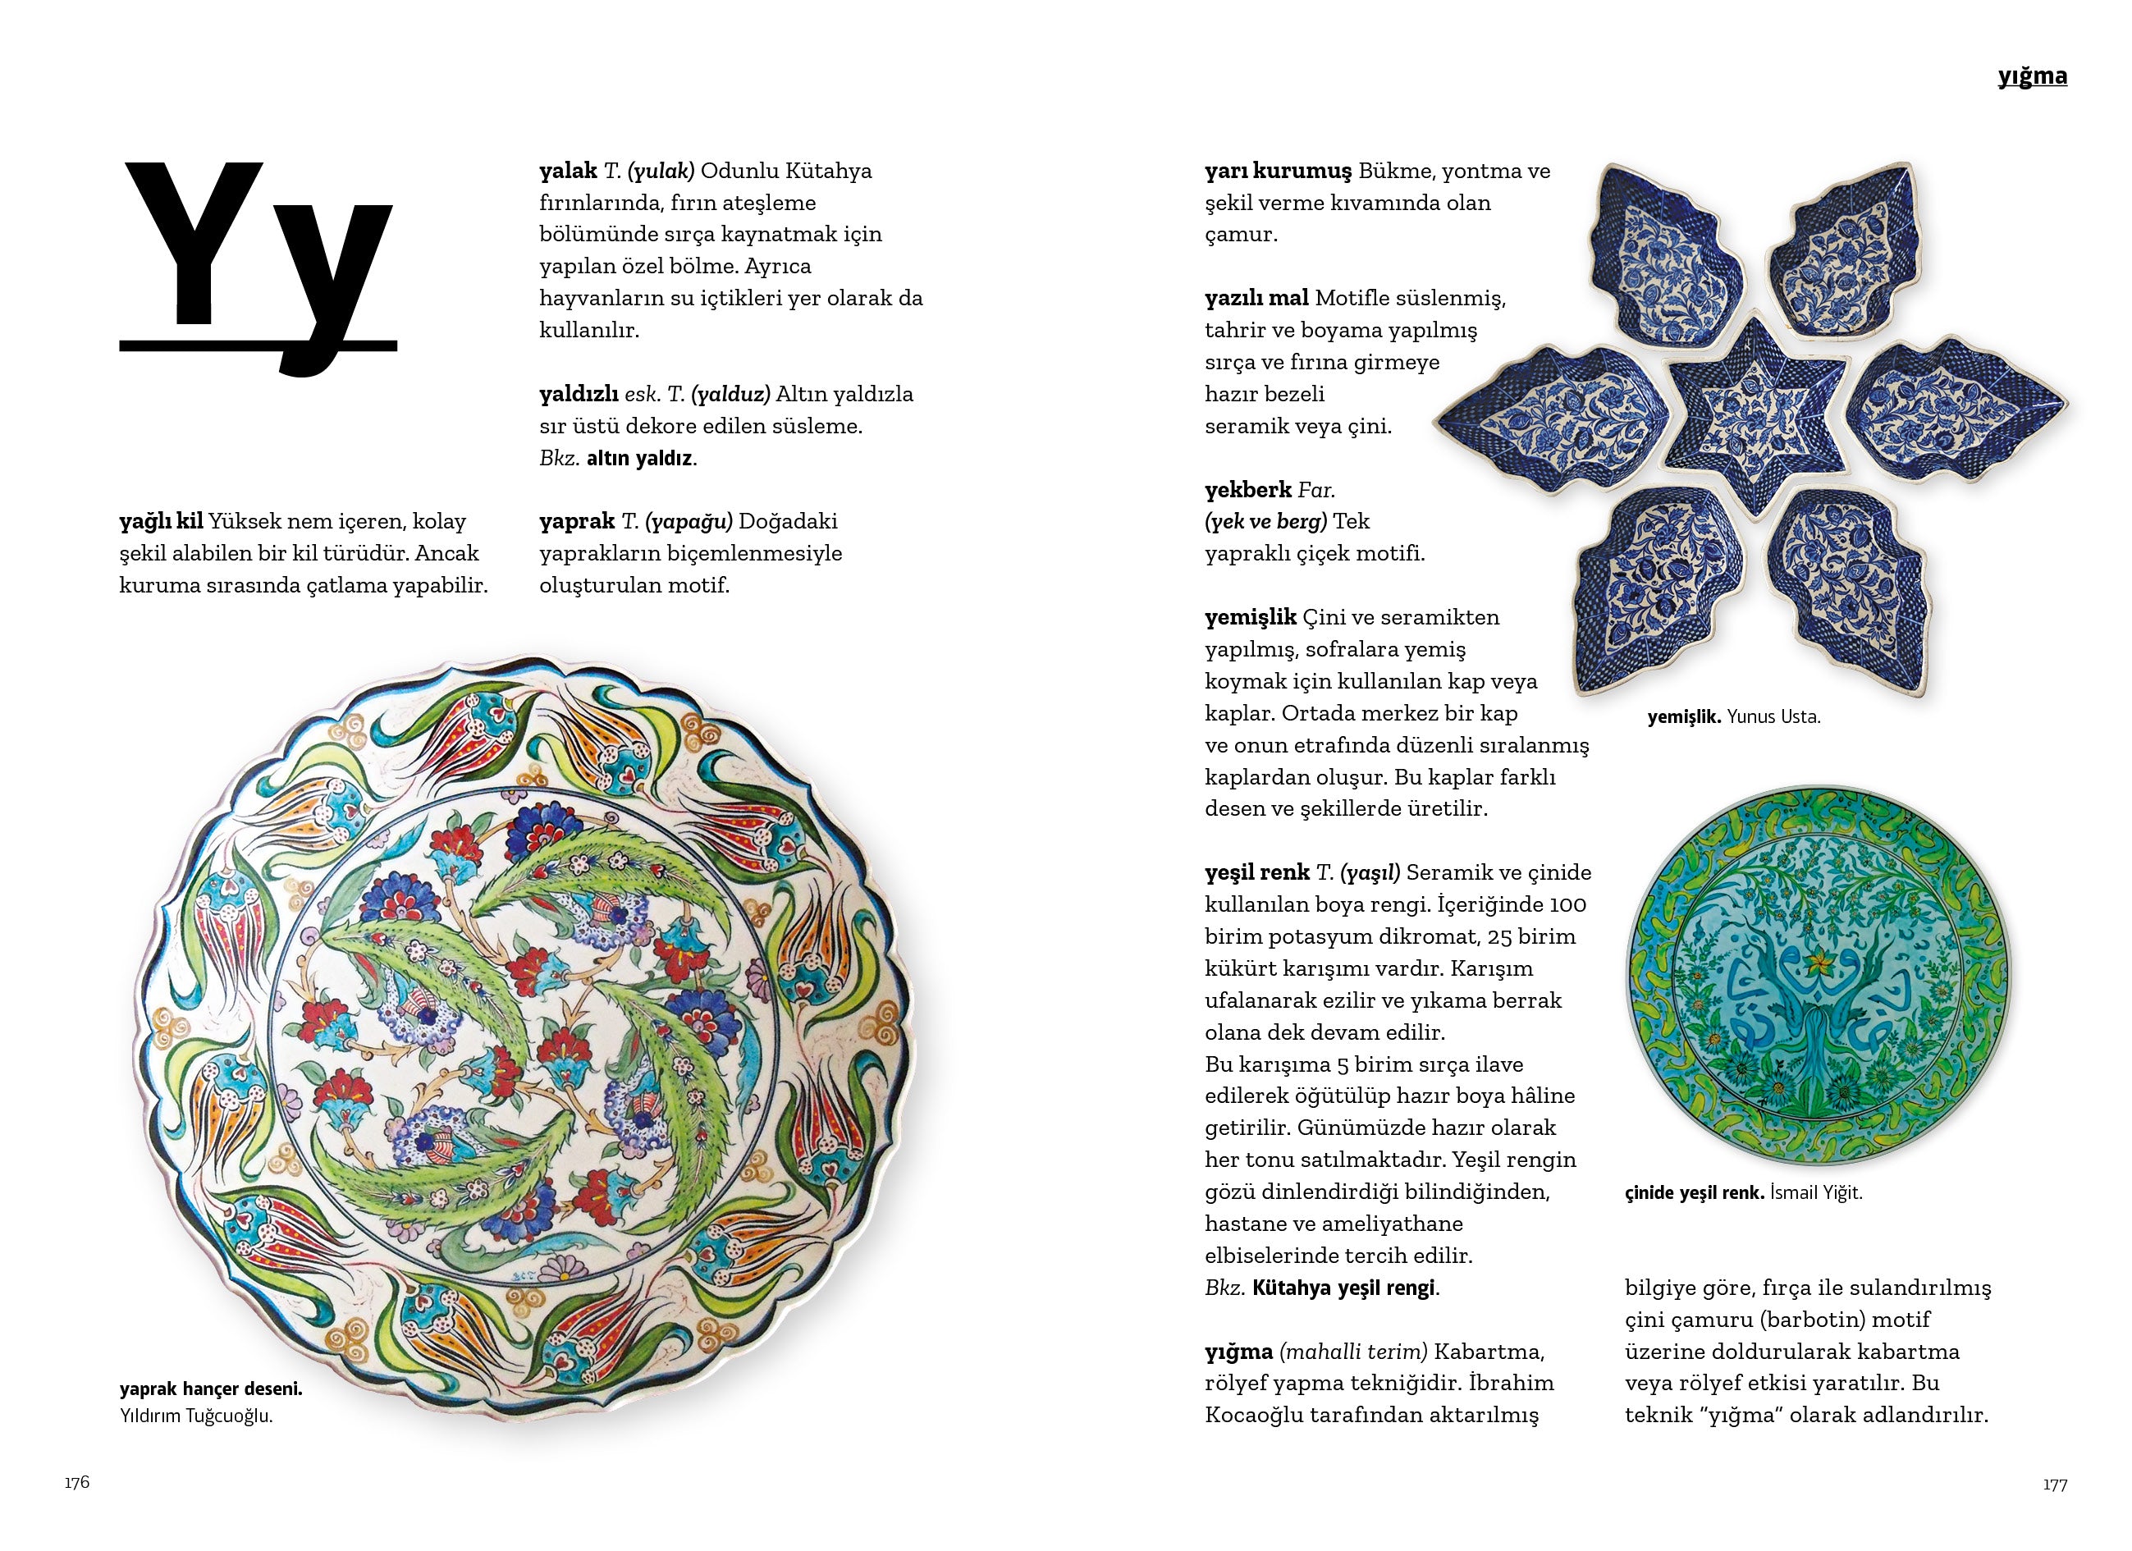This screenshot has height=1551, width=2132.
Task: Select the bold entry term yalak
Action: tap(568, 171)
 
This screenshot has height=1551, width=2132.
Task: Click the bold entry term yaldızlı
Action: tap(578, 394)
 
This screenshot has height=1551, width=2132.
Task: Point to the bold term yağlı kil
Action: tap(161, 522)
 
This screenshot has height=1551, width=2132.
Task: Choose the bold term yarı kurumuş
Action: tap(1278, 171)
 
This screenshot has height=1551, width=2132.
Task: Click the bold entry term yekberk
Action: tap(1247, 490)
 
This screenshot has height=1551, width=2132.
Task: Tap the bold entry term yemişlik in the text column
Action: tap(1251, 618)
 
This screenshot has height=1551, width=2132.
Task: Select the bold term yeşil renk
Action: tap(1257, 872)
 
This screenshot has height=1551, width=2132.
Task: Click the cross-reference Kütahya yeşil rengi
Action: tap(1344, 1288)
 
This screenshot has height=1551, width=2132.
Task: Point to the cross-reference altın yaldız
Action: tap(639, 459)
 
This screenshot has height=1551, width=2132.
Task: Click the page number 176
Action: tap(77, 1482)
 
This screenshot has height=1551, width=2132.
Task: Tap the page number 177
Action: tap(2054, 1485)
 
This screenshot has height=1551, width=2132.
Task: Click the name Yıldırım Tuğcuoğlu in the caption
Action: tap(195, 1416)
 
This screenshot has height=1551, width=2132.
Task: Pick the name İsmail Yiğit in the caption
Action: tap(1815, 1193)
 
